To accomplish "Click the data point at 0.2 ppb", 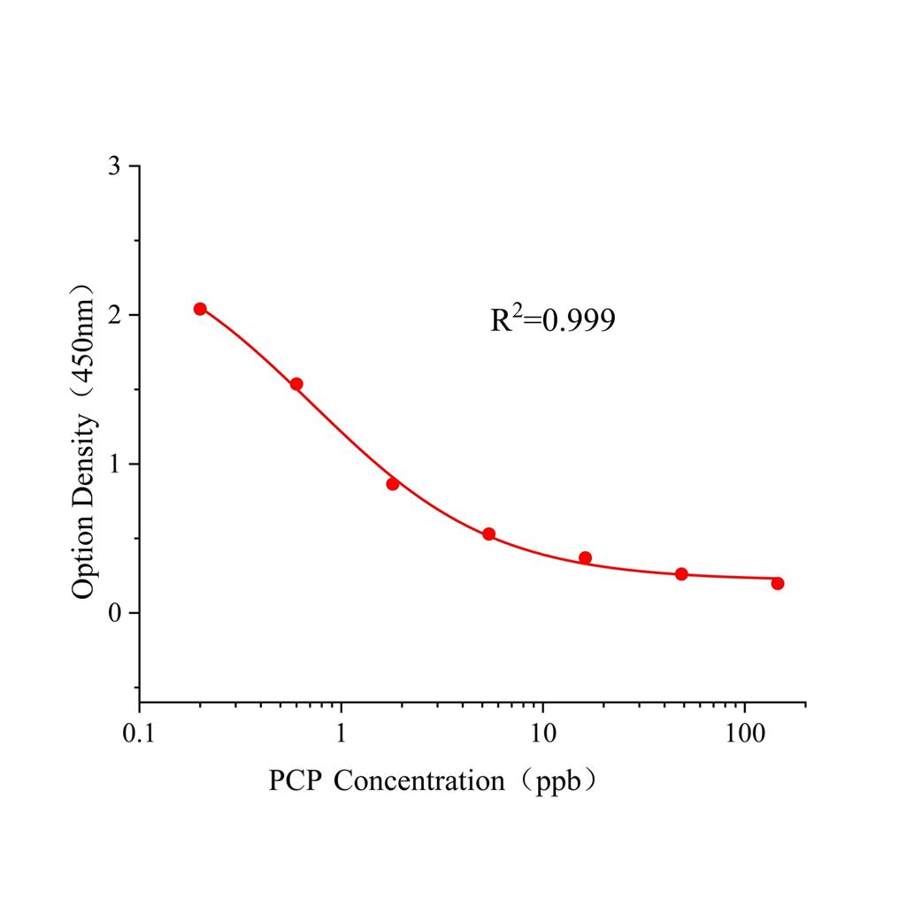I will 200,309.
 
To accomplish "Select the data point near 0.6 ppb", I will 296,384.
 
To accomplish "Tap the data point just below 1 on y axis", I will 393,484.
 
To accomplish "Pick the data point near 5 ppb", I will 488,534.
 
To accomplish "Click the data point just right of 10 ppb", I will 585,557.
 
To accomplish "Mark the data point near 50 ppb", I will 681,574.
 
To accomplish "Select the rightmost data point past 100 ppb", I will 778,583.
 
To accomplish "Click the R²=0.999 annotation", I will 553,320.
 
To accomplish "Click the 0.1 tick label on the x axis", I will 139,734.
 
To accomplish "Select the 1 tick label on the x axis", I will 342,734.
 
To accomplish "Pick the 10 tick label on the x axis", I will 542,734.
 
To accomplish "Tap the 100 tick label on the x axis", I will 744,734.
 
